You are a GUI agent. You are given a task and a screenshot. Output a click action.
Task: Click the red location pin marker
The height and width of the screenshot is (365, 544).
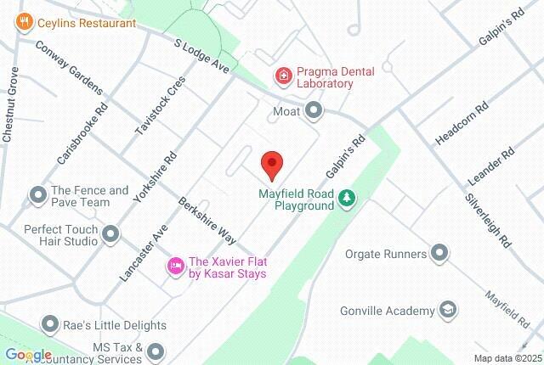[271, 164]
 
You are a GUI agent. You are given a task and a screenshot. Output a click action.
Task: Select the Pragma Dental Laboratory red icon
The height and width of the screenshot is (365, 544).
[282, 77]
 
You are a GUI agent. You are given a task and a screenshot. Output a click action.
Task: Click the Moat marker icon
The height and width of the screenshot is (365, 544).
[315, 110]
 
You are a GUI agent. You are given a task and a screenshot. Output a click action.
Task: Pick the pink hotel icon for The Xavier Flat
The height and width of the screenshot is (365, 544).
[175, 267]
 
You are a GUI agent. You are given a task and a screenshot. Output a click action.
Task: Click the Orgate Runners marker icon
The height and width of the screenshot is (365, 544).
[439, 252]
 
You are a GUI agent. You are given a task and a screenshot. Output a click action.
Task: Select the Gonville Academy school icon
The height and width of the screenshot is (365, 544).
[449, 311]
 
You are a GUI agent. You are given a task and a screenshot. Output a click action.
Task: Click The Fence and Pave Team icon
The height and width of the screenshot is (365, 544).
[38, 196]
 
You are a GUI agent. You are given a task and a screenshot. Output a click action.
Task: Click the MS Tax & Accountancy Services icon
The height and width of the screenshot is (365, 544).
[156, 351]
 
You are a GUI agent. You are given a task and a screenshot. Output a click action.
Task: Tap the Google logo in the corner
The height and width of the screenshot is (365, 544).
[27, 355]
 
